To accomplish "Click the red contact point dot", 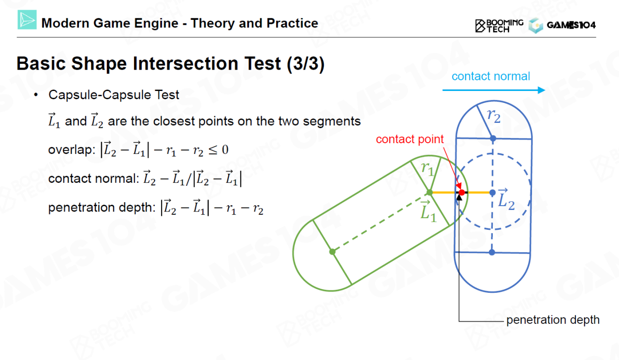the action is (x=462, y=193).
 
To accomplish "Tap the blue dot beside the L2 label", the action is (x=492, y=193).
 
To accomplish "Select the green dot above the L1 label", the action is (x=429, y=193).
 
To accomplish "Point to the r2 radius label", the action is (x=494, y=116).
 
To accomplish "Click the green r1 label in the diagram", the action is (x=427, y=169).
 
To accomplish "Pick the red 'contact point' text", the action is (x=410, y=139).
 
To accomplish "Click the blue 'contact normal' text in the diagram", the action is (x=491, y=76).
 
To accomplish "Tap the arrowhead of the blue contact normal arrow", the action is (x=542, y=90).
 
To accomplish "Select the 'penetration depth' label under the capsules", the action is (x=553, y=320).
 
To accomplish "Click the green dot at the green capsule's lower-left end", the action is (x=332, y=252).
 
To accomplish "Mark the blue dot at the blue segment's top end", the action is (x=493, y=138).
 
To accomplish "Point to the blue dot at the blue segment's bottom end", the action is (x=492, y=252).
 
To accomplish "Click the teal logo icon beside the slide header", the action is (x=27, y=20).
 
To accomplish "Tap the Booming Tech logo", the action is (x=499, y=26).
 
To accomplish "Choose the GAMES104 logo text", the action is (x=571, y=25).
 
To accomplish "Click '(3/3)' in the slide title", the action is (x=306, y=64).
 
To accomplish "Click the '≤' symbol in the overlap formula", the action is (x=213, y=150).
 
